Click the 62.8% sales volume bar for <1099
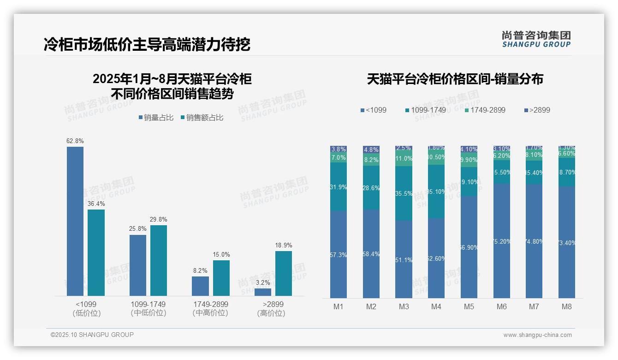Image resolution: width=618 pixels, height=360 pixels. point(75,221)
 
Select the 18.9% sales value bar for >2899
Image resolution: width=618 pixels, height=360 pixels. point(284,273)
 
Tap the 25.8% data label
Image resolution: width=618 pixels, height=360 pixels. point(137,228)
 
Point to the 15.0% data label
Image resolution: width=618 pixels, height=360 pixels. point(221,254)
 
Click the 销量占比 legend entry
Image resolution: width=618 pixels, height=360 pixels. point(156,118)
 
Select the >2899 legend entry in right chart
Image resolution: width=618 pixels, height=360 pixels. point(537,110)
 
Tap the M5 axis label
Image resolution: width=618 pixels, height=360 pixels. point(469,306)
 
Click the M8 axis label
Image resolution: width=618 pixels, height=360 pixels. point(567,306)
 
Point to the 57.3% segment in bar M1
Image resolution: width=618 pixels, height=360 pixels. point(339,254)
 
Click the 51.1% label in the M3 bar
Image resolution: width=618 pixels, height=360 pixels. point(404,260)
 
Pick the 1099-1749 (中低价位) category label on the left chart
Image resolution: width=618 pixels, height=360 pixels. point(148,309)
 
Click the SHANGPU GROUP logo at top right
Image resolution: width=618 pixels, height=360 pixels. point(536,39)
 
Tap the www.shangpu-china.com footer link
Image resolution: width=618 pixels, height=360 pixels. point(537,335)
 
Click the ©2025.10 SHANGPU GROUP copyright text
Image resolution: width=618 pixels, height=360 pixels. point(92,335)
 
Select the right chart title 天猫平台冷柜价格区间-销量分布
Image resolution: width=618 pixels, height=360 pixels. point(455,79)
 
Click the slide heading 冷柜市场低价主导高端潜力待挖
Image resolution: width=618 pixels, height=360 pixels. point(147,44)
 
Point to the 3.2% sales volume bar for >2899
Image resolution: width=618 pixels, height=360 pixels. point(263,292)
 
